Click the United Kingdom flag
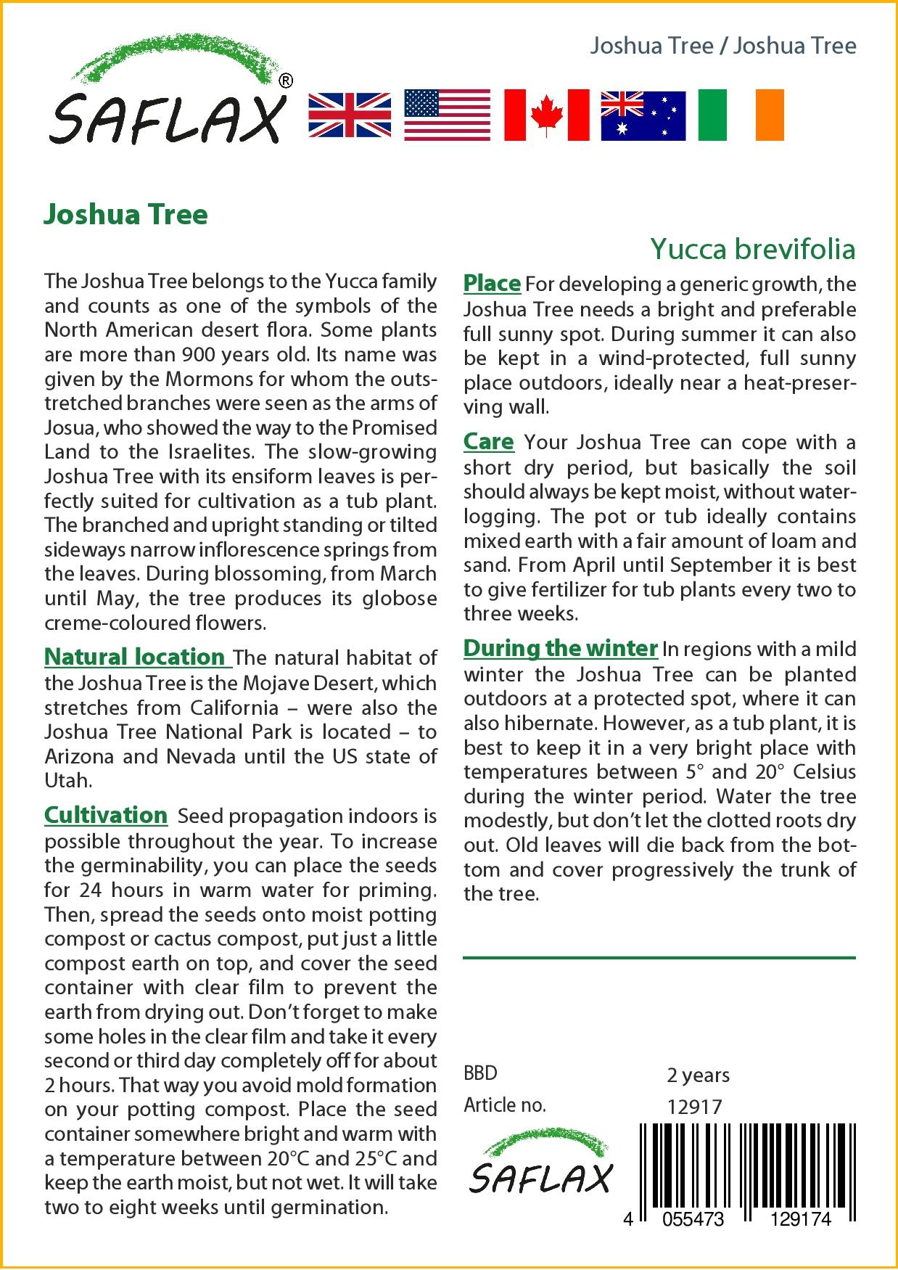tap(350, 115)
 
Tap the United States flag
tap(447, 115)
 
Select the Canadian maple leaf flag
tap(546, 115)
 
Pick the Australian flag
tap(643, 115)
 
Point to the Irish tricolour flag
tap(741, 115)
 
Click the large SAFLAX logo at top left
tap(167, 94)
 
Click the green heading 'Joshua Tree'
tap(125, 214)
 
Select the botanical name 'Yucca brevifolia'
tap(752, 249)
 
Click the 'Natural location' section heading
tap(135, 657)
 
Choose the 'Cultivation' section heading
tap(106, 815)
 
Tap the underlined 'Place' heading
tap(492, 283)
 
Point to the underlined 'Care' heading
tap(488, 441)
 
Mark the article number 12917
tap(694, 1107)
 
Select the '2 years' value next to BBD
tap(698, 1075)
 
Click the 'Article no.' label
tap(505, 1105)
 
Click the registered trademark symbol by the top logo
tap(286, 82)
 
